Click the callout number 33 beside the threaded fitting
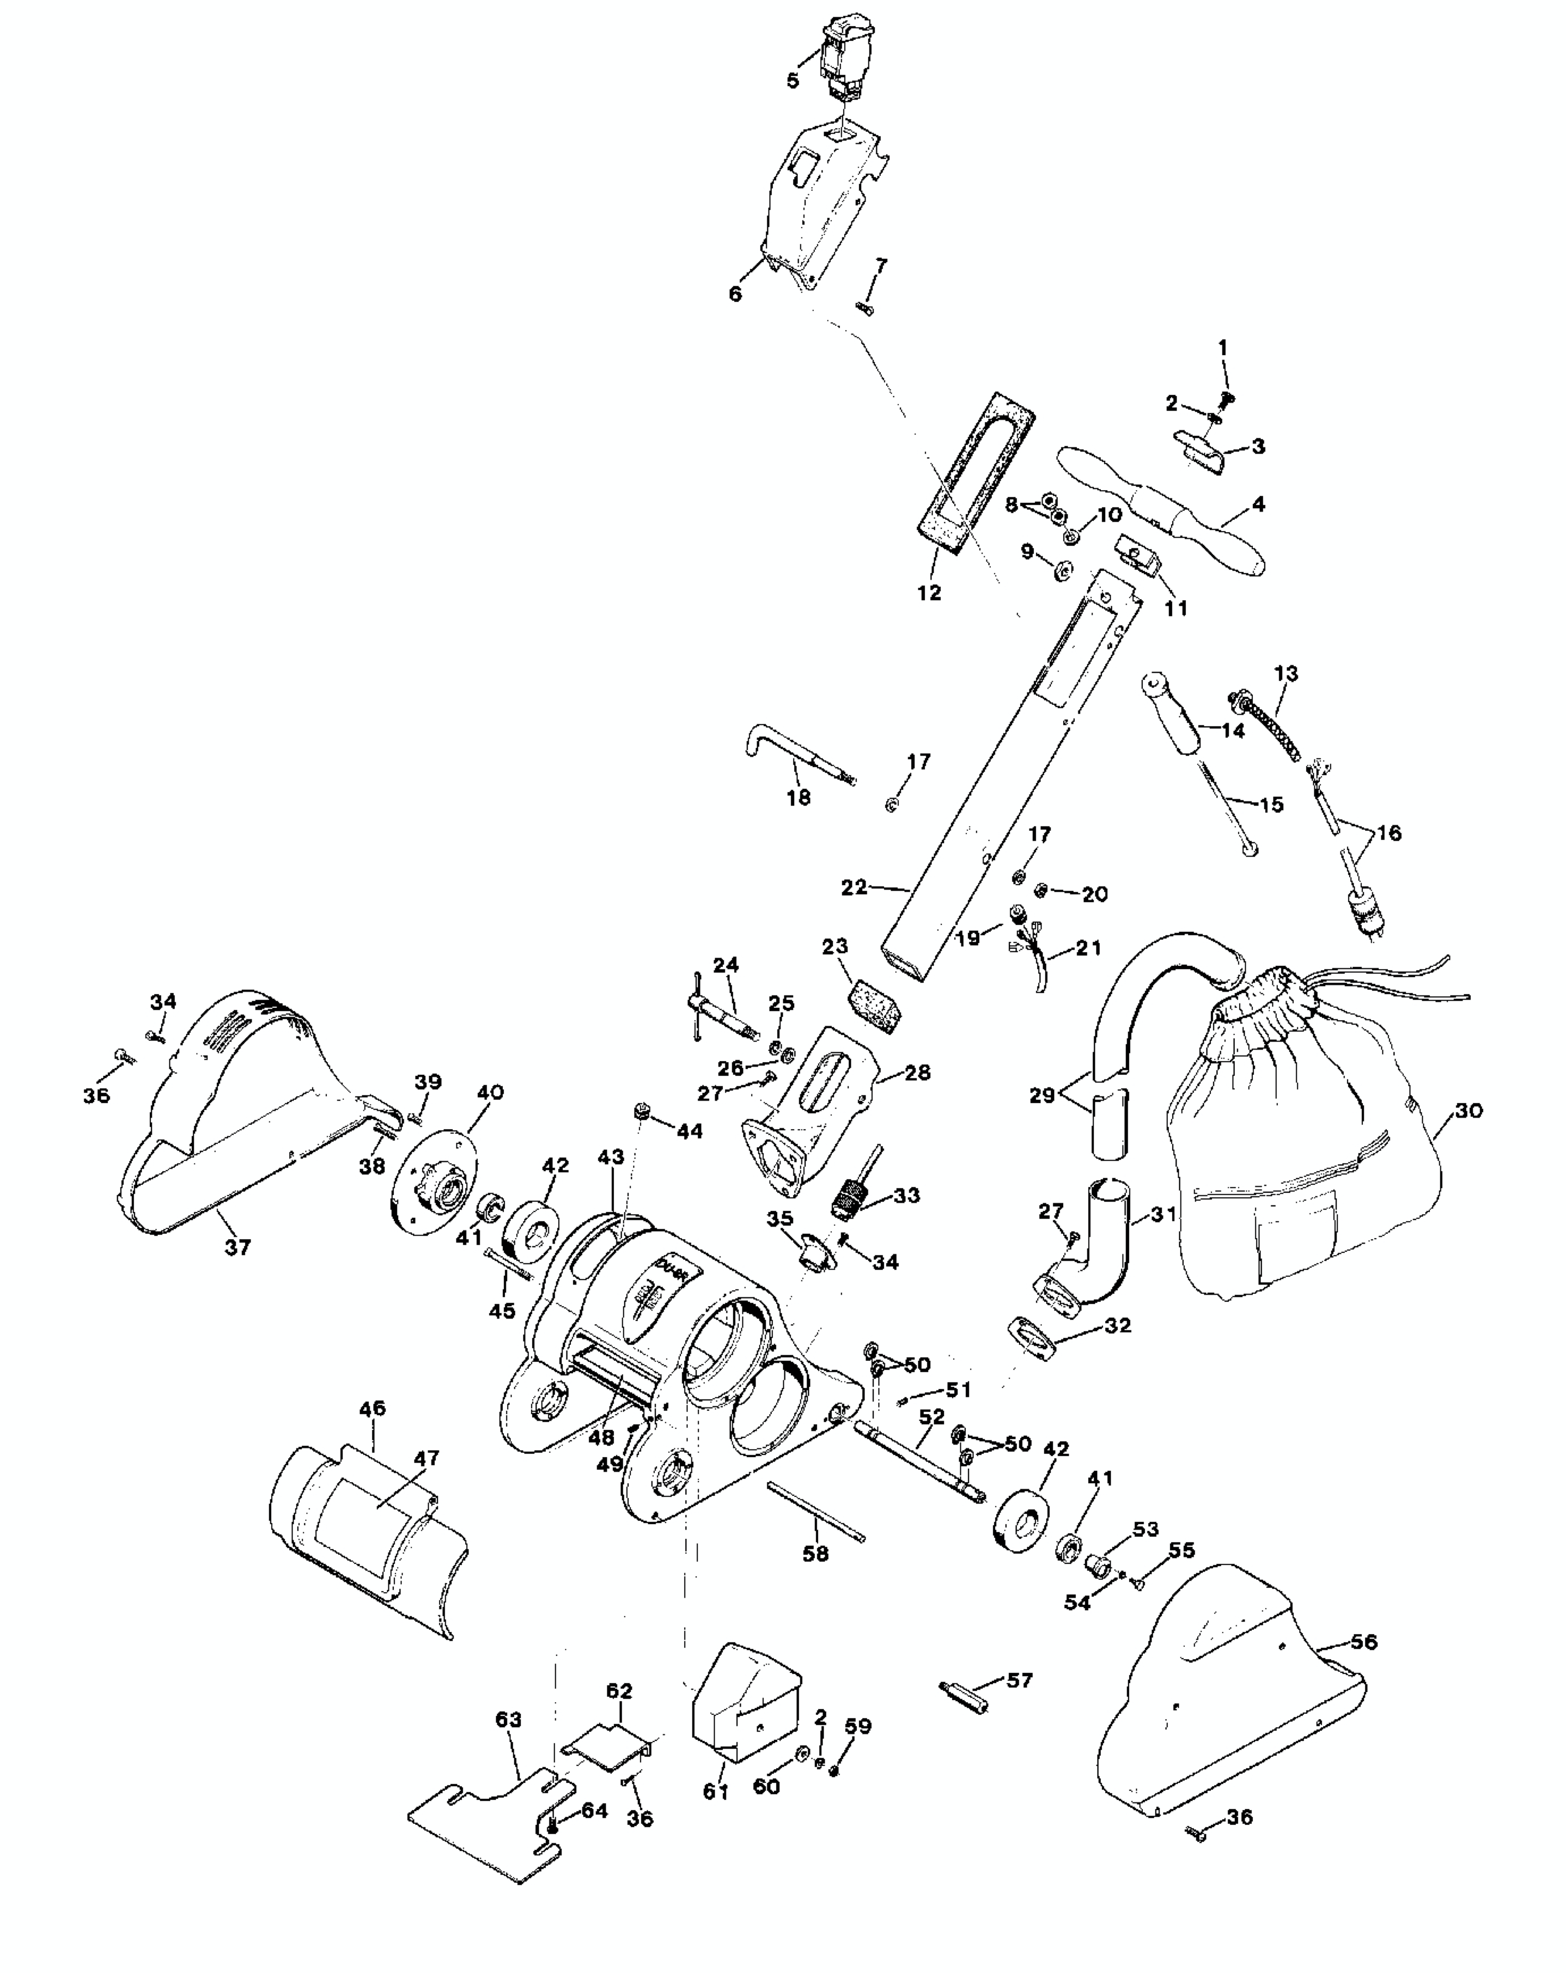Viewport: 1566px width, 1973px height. (x=906, y=1195)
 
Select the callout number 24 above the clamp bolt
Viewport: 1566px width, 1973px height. (x=725, y=965)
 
